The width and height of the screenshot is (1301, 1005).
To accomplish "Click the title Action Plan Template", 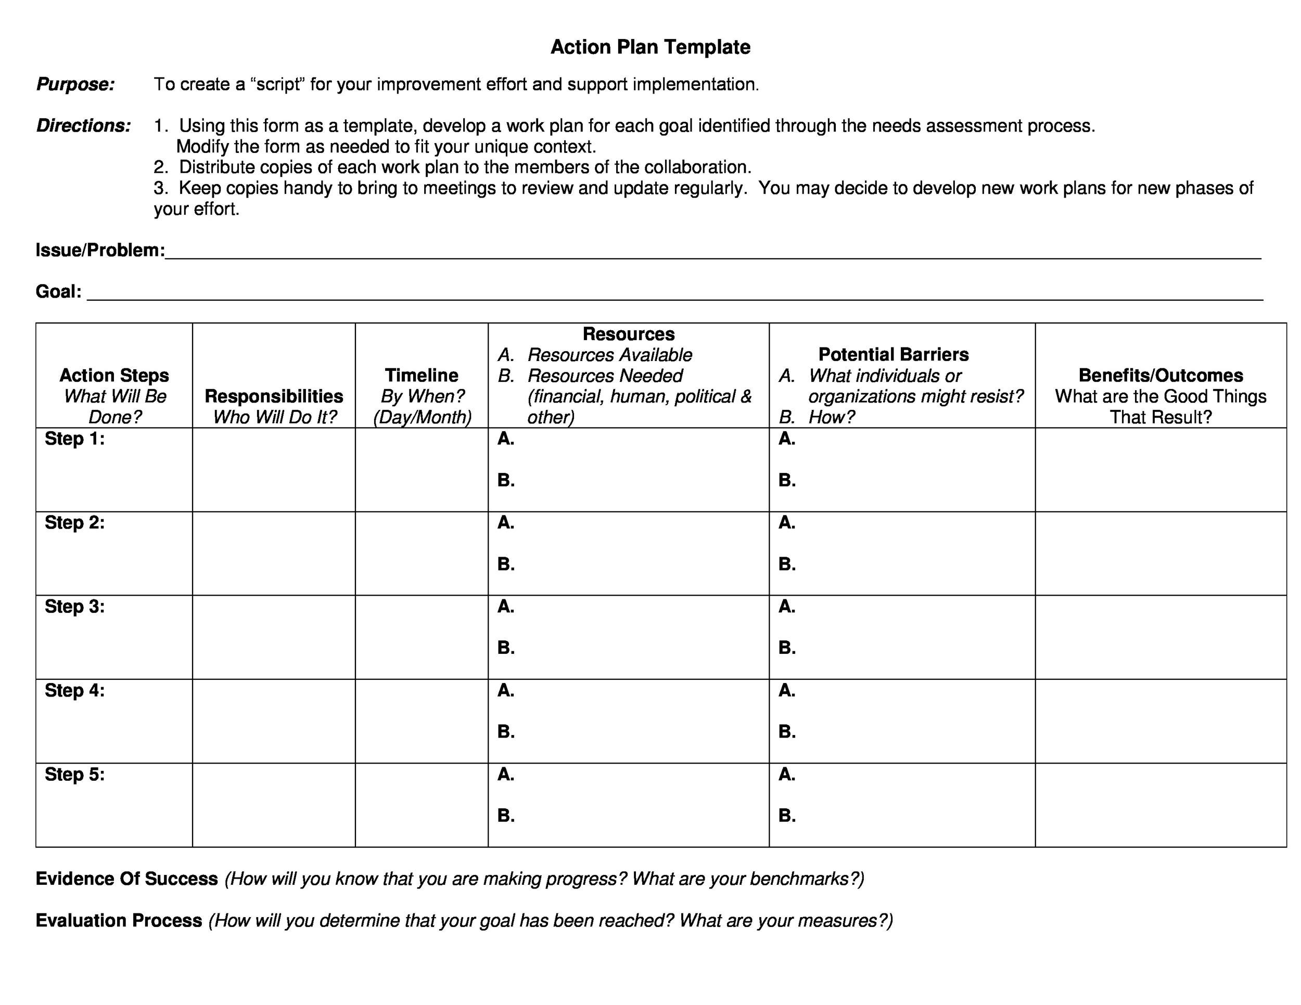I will point(650,47).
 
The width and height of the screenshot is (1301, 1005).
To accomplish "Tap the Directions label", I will point(83,126).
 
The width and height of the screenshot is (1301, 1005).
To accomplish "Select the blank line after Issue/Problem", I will point(712,255).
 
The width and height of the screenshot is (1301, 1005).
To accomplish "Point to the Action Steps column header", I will point(114,375).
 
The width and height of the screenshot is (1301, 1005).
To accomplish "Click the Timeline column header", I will point(421,375).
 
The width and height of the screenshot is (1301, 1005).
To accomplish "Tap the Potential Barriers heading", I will point(893,354).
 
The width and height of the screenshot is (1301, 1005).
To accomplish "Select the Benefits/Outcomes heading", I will point(1160,375).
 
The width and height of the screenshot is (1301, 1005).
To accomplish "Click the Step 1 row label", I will point(74,439).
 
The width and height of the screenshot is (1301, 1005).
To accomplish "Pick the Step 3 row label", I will point(74,606).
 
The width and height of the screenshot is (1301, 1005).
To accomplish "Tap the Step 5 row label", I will point(74,774).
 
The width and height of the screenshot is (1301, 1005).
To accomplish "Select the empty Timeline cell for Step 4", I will point(421,721).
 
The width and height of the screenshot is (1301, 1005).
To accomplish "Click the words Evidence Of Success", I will point(127,879).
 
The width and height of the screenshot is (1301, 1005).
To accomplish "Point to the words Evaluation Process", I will point(119,920).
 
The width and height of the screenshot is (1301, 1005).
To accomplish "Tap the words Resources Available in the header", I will point(609,355).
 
